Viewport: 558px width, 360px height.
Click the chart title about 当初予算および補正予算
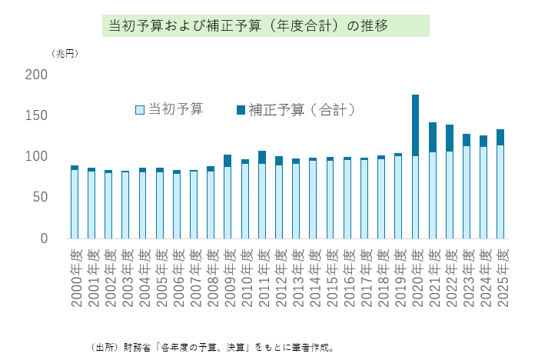click(265, 25)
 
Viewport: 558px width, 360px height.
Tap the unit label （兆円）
click(65, 54)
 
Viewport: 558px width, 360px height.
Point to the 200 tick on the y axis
click(37, 75)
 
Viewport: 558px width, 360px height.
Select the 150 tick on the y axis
click(37, 115)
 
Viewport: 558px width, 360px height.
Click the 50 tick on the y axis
click(41, 197)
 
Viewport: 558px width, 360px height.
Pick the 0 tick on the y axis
click(44, 238)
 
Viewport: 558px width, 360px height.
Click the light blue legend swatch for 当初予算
click(140, 110)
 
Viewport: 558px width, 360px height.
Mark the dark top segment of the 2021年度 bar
click(433, 137)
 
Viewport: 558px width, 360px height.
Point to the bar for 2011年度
click(262, 196)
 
